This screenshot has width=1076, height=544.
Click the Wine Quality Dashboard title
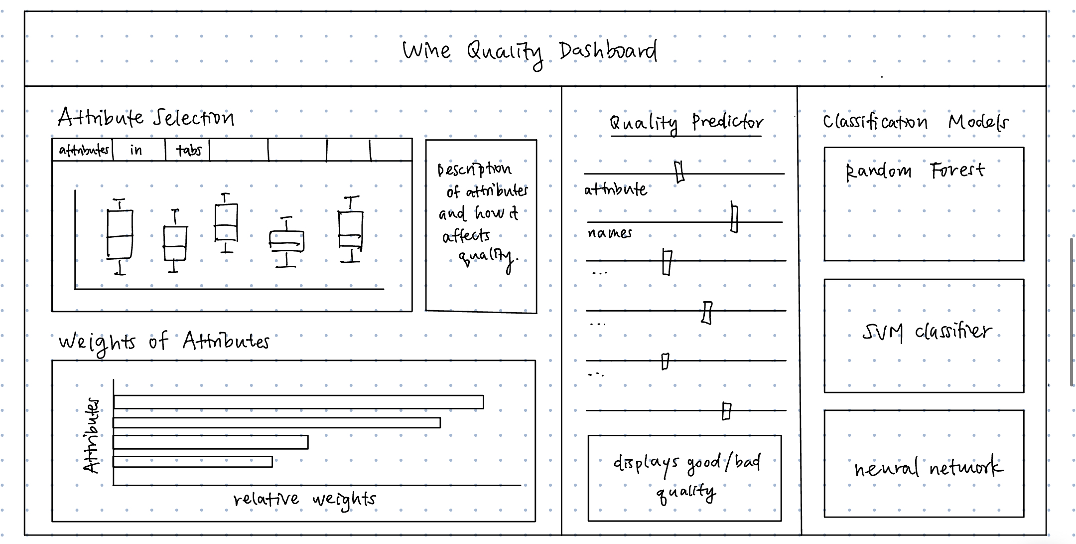530,51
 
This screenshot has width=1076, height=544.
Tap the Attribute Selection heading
145,118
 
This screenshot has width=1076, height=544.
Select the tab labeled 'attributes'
83,150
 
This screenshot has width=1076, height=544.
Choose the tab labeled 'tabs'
188,150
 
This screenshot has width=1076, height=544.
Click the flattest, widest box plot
286,241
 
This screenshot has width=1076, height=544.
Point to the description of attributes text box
481,225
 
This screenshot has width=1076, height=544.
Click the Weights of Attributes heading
164,342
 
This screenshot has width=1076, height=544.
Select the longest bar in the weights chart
298,402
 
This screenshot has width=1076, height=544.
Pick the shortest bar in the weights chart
193,462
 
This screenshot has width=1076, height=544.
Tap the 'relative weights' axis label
304,499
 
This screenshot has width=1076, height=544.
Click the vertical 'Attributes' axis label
92,435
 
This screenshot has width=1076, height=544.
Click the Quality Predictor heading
686,123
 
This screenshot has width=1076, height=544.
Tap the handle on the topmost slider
679,172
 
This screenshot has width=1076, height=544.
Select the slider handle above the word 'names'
734,217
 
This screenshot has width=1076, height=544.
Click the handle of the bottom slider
726,411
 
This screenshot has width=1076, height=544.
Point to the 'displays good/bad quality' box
685,478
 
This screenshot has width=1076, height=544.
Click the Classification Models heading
915,122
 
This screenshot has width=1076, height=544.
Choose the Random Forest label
915,171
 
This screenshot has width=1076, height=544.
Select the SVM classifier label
927,332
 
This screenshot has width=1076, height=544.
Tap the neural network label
928,468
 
